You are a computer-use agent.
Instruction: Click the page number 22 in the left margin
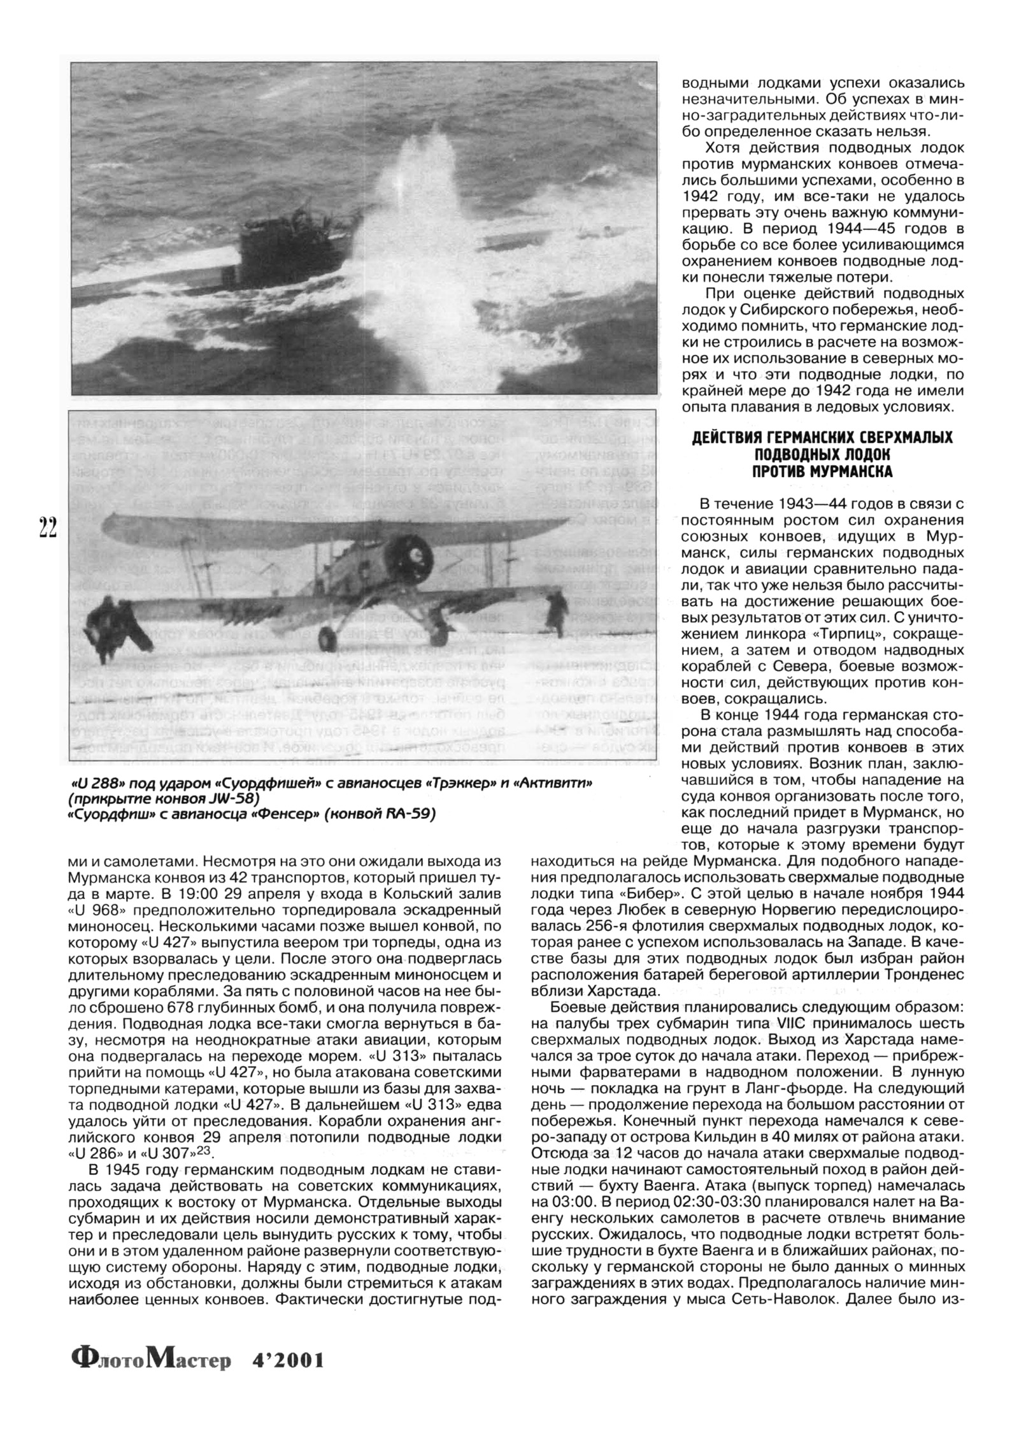pos(47,528)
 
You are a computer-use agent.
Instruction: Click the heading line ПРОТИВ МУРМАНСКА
pos(822,472)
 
